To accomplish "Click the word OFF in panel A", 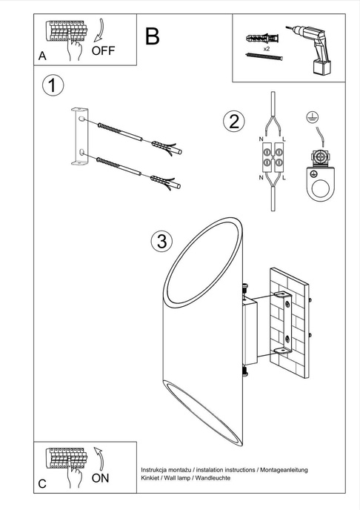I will click(x=104, y=51).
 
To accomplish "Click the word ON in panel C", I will click(x=100, y=478).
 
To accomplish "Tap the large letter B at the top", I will click(x=152, y=36).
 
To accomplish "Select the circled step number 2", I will click(x=233, y=121).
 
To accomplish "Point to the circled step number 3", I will click(x=160, y=241).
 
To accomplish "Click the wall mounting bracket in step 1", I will click(x=77, y=136).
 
